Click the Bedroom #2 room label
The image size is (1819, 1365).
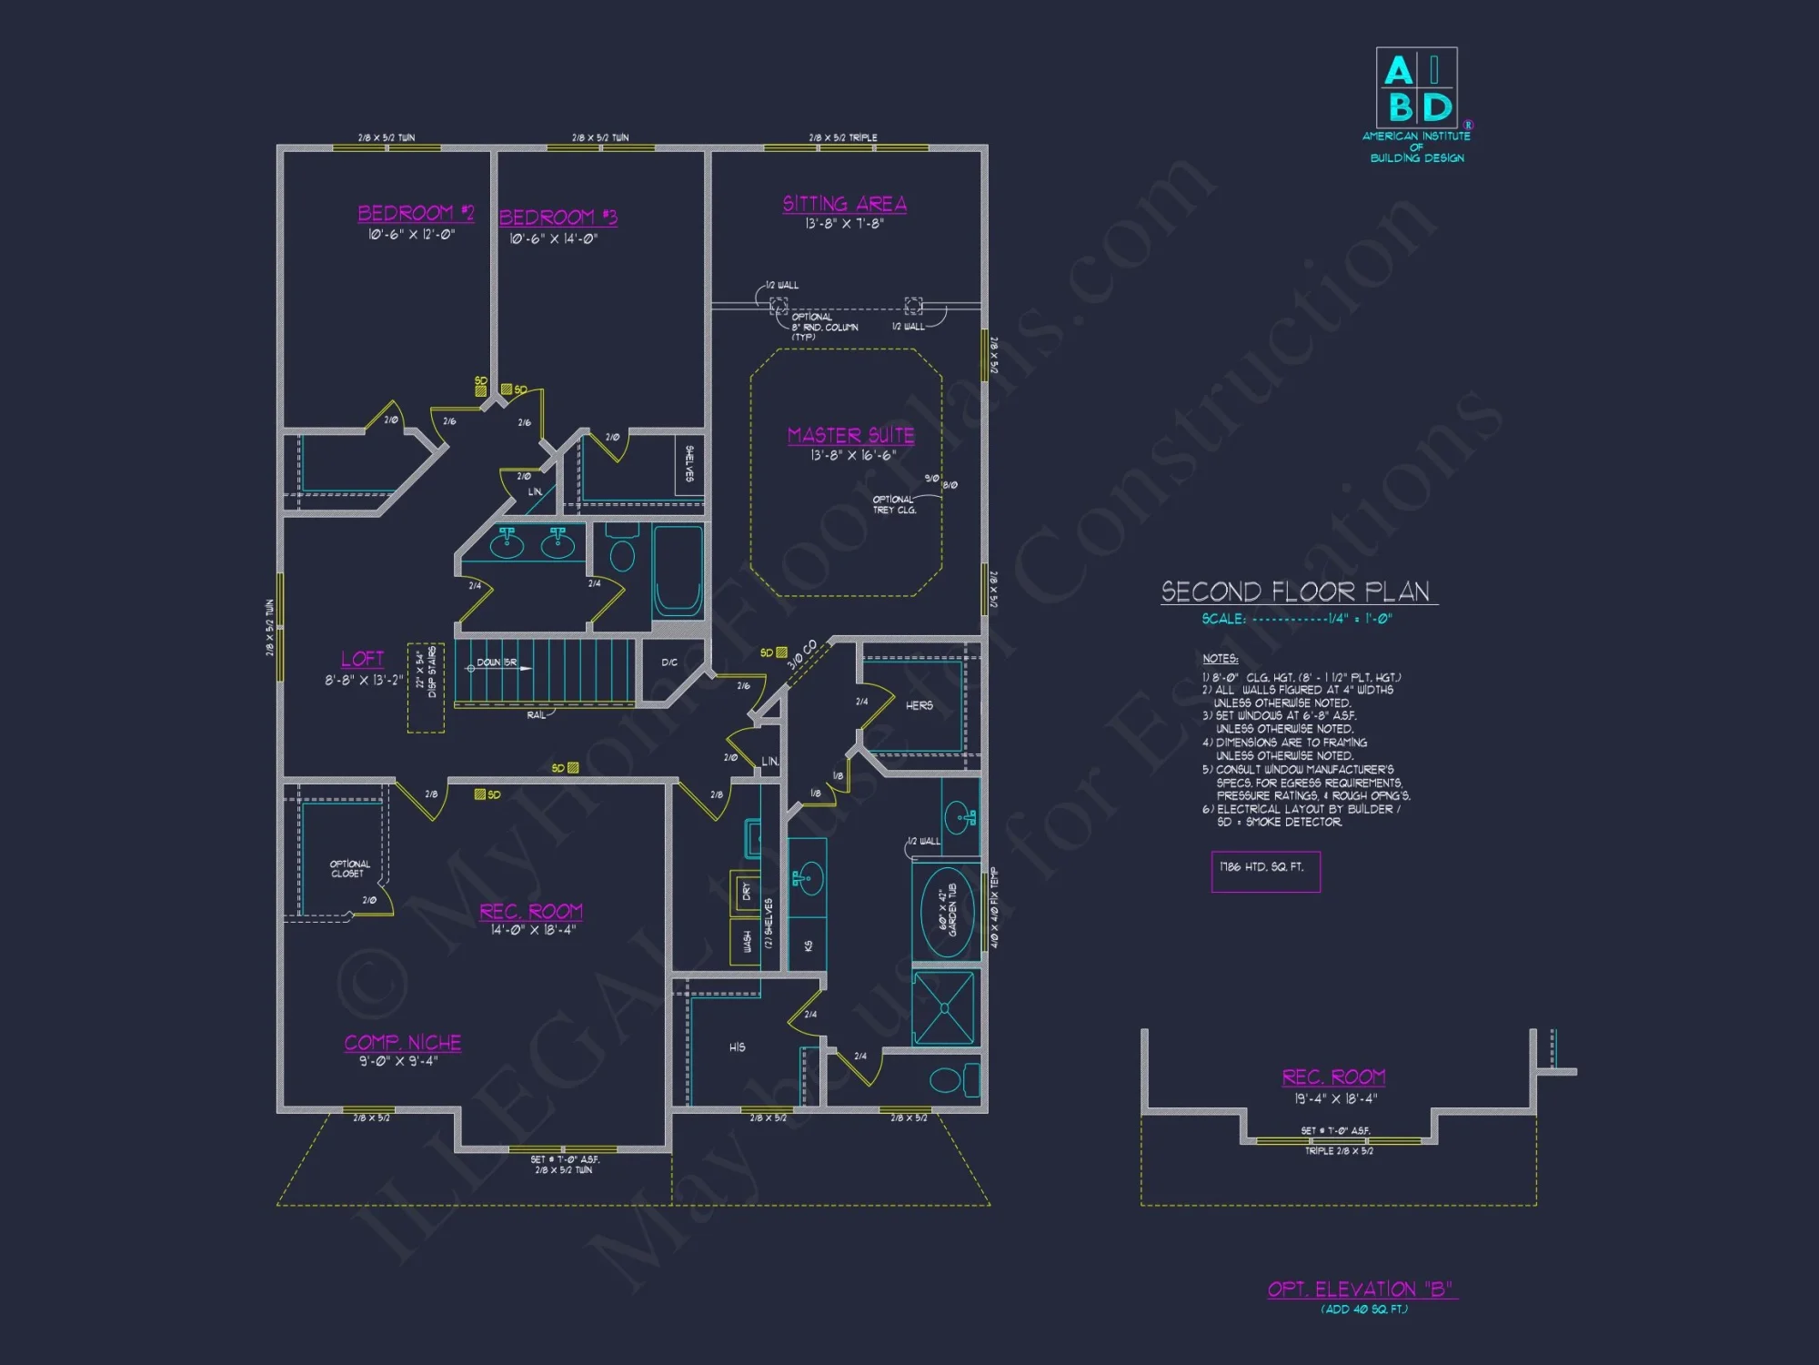tap(416, 213)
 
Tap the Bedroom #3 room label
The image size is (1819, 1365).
tap(558, 217)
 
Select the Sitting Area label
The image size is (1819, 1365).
tap(844, 204)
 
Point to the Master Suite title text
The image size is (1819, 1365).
tap(850, 435)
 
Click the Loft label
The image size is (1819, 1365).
tap(362, 659)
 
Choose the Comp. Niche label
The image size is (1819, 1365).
tap(402, 1043)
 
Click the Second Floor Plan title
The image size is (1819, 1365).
tap(1295, 591)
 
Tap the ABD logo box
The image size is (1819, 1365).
tap(1416, 87)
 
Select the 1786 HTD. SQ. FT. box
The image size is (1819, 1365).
tap(1265, 871)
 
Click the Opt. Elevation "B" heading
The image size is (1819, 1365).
tap(1361, 1289)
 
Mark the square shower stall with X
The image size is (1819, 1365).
tap(944, 1007)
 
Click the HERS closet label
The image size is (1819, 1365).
tap(919, 705)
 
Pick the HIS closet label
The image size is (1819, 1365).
tap(737, 1047)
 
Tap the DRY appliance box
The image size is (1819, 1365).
tap(746, 891)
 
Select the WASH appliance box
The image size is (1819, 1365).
tap(746, 941)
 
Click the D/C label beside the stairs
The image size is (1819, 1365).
tap(669, 662)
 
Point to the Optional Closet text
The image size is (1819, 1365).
tap(349, 868)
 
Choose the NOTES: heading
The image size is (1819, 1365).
tap(1220, 658)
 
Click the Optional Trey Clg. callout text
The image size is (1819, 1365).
tap(894, 504)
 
